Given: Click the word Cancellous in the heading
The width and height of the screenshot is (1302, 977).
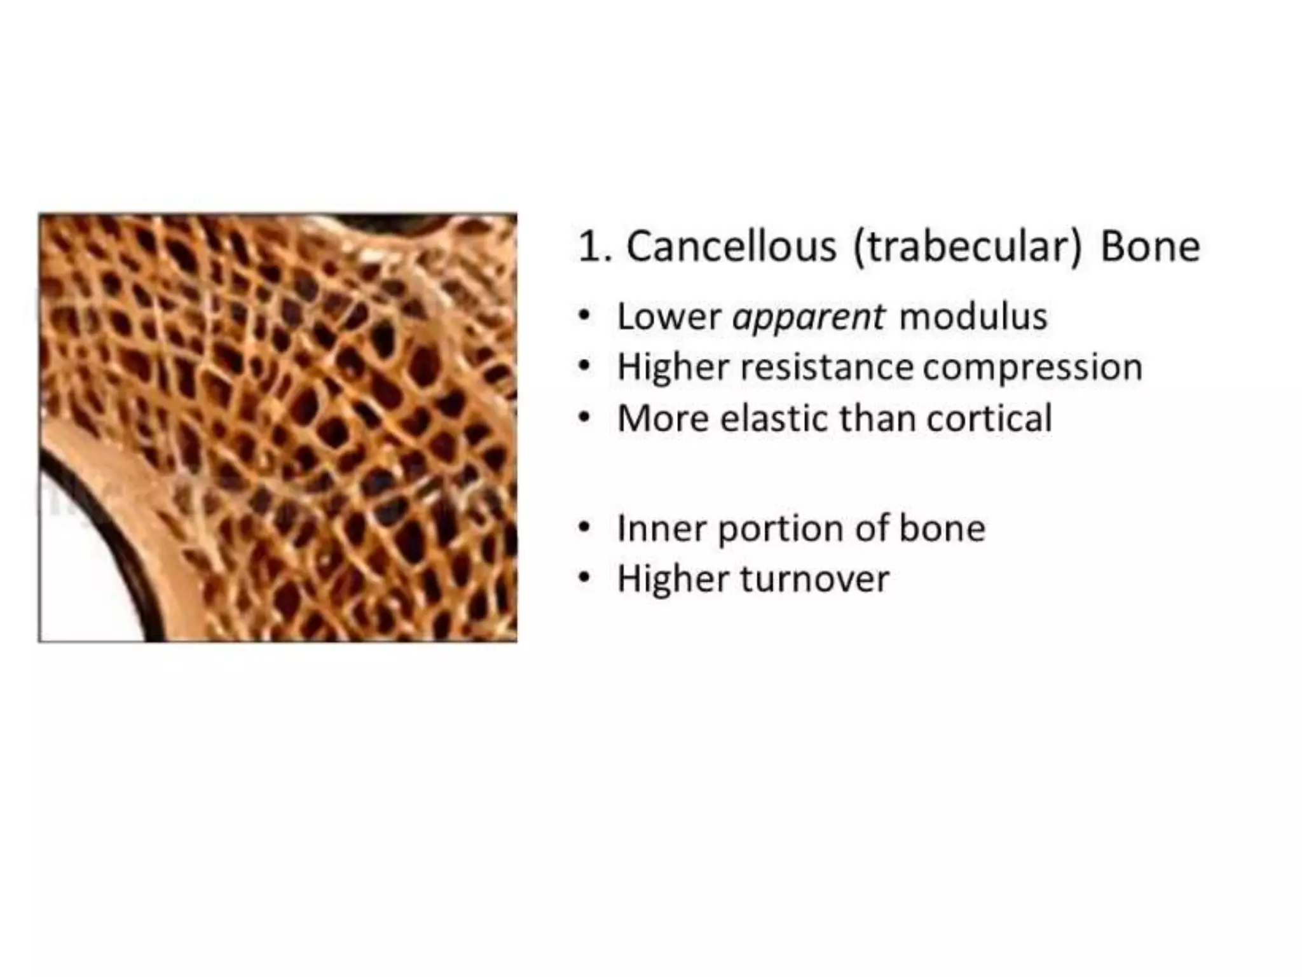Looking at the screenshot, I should click(x=730, y=246).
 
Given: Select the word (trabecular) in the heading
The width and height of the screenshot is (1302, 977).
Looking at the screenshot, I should click(x=967, y=247).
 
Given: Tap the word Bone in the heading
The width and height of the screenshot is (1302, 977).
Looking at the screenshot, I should click(x=1149, y=246).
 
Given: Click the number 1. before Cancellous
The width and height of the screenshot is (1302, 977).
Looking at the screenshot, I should click(x=594, y=246).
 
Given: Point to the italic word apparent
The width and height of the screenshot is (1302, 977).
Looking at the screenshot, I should click(x=807, y=317).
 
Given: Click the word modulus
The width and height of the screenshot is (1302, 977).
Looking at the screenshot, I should click(x=973, y=316).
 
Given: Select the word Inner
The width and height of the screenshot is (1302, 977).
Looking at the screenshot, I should click(x=661, y=528).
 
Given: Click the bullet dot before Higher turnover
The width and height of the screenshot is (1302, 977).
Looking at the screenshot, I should click(x=584, y=578).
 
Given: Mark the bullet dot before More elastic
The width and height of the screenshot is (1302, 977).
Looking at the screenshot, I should click(x=584, y=418).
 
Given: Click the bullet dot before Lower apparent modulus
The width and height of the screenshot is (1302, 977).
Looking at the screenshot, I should click(x=584, y=315).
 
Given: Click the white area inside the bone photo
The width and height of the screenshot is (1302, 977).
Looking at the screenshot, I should click(x=83, y=572).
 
